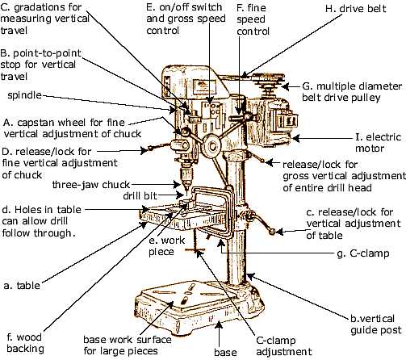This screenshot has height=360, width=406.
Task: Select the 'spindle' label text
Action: click(x=23, y=94)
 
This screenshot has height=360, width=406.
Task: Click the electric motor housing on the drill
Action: click(x=270, y=117)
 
